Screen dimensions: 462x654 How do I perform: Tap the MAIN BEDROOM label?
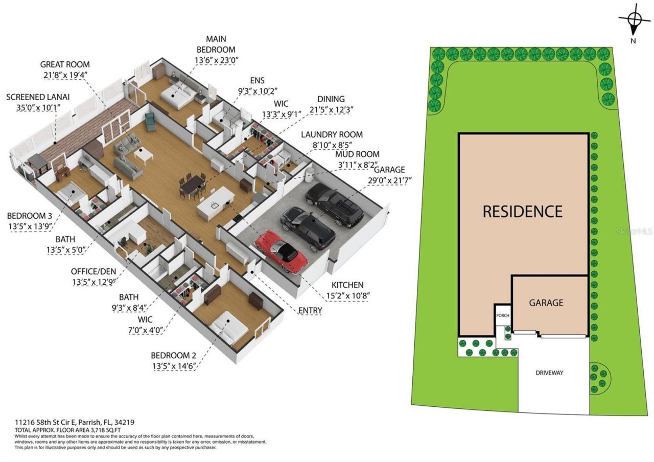pyautogui.click(x=216, y=44)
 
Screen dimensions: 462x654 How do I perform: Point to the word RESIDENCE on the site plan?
pyautogui.click(x=522, y=211)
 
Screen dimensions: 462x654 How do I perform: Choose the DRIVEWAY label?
pyautogui.click(x=549, y=373)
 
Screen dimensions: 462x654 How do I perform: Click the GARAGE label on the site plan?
pyautogui.click(x=546, y=303)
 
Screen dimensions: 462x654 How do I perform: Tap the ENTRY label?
pyautogui.click(x=310, y=310)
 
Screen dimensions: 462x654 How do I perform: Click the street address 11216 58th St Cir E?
pyautogui.click(x=45, y=423)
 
